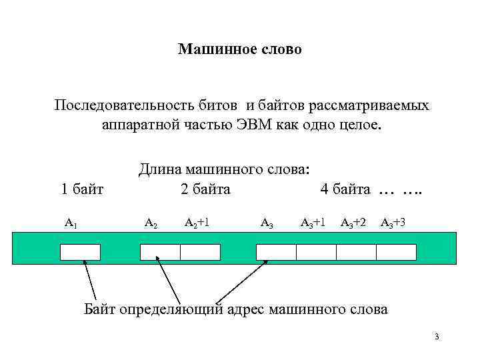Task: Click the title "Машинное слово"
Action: [240, 49]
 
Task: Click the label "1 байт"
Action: [82, 189]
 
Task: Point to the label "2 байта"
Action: [205, 189]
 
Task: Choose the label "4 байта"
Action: [345, 189]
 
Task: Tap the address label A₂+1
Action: [197, 222]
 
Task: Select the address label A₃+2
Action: [353, 222]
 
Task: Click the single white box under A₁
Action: [80, 252]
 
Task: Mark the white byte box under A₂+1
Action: [200, 252]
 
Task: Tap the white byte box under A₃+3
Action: [396, 252]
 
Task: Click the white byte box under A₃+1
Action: [316, 252]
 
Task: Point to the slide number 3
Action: [436, 337]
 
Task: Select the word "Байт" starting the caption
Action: [100, 309]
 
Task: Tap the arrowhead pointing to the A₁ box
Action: [84, 262]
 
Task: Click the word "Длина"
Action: [160, 170]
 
